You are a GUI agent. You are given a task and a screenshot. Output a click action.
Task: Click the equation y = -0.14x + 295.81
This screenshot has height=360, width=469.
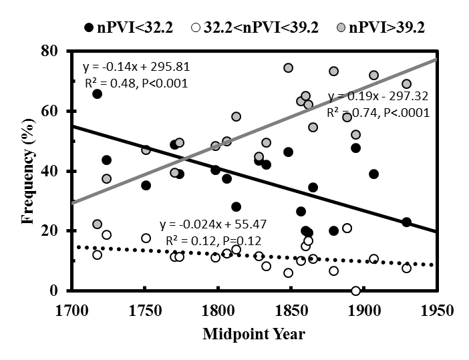(133, 68)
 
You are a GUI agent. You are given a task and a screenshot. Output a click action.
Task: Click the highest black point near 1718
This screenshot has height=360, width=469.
(98, 94)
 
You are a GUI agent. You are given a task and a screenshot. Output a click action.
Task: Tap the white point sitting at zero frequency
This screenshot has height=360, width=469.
(356, 291)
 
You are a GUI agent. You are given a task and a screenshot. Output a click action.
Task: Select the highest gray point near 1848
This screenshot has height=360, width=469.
(288, 68)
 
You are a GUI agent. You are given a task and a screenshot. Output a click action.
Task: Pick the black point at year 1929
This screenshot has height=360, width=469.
(406, 222)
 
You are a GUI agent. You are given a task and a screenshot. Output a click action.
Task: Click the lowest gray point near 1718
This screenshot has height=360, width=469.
(98, 224)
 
